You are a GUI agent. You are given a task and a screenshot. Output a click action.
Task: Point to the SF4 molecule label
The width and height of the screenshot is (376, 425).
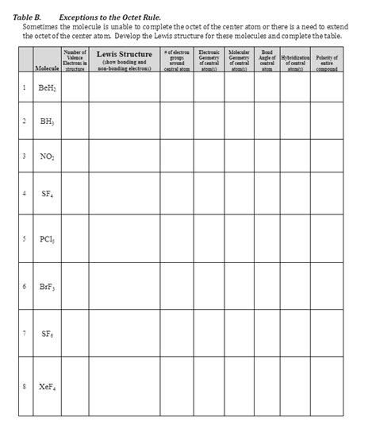(x=46, y=193)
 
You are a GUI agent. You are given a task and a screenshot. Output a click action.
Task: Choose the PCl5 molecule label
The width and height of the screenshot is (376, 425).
(x=46, y=238)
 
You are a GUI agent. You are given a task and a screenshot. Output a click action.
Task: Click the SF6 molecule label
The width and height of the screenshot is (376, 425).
(x=46, y=333)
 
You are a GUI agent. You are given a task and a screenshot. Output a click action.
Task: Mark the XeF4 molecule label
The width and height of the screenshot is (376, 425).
(x=46, y=387)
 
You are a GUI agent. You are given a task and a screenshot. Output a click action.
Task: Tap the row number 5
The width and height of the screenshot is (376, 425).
(x=25, y=238)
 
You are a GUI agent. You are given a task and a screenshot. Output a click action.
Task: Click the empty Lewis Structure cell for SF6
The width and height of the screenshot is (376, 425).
(x=124, y=334)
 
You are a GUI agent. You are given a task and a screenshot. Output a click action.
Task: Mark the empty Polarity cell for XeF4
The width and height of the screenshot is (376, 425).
(x=326, y=387)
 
